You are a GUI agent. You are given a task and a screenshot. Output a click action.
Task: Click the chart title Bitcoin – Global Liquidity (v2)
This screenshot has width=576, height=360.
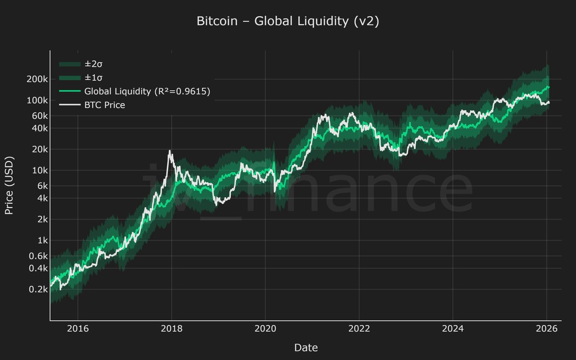click(x=288, y=22)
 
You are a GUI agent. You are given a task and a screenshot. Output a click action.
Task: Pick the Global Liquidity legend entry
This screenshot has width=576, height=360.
click(x=147, y=91)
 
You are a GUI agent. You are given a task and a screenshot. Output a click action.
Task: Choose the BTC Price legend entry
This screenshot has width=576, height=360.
click(x=104, y=105)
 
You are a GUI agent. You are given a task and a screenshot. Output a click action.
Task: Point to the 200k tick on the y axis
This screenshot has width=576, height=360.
click(x=36, y=79)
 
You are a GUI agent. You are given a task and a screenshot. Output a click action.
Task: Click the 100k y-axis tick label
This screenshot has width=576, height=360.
click(x=36, y=100)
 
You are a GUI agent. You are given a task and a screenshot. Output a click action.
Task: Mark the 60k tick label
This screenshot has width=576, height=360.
click(x=38, y=116)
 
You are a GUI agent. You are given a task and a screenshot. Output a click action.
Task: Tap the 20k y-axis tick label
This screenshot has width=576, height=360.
click(x=38, y=149)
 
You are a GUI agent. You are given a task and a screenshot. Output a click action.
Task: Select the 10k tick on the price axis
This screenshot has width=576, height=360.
click(x=38, y=170)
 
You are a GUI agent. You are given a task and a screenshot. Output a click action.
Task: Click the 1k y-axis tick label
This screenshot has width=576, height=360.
click(x=40, y=240)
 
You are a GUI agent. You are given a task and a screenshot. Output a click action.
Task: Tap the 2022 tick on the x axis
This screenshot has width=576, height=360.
click(x=359, y=329)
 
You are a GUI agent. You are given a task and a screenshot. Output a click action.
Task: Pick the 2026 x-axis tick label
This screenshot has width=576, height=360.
click(x=546, y=329)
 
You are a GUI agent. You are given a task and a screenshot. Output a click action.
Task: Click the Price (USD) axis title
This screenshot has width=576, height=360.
click(x=9, y=185)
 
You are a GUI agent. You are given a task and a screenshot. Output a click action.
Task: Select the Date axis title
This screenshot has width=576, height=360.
click(x=306, y=348)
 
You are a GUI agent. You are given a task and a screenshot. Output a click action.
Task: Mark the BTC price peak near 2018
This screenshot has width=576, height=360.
click(x=169, y=151)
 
